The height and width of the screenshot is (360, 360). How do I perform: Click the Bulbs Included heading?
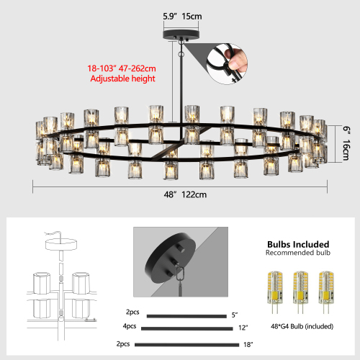[x=297, y=245]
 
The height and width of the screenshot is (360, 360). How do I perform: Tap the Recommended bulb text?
[x=297, y=254]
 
